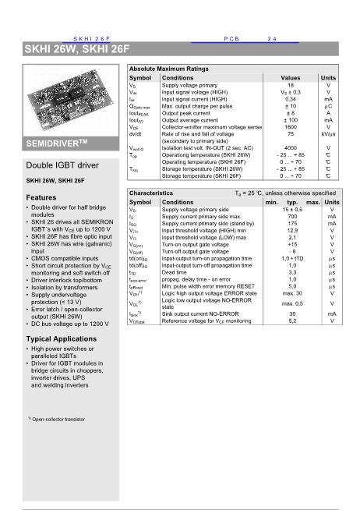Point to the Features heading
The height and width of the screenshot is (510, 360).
tap(41, 198)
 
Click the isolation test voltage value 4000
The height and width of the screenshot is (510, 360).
tap(290, 147)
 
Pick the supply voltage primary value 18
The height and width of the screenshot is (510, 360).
tap(290, 86)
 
